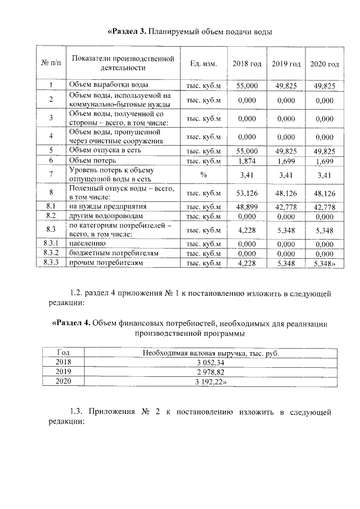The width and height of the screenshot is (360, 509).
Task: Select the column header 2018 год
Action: point(247,64)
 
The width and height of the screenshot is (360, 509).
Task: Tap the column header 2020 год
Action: point(325,64)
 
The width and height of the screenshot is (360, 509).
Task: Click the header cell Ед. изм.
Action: point(204,64)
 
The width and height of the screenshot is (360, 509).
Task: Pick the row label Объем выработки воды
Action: point(109,85)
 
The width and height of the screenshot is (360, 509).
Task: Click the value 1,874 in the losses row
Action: point(247,160)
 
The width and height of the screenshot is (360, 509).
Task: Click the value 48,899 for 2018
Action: point(247,207)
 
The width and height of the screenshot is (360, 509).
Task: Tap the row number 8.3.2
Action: point(51,254)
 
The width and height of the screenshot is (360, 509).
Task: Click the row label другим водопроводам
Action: point(106,216)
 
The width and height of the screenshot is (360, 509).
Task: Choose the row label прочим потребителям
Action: point(106,263)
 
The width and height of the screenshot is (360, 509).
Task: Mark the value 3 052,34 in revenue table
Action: point(211,362)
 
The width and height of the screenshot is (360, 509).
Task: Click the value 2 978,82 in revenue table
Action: point(211,372)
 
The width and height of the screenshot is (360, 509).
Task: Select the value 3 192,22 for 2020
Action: point(211,381)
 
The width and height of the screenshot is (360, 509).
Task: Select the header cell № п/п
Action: point(51,64)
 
